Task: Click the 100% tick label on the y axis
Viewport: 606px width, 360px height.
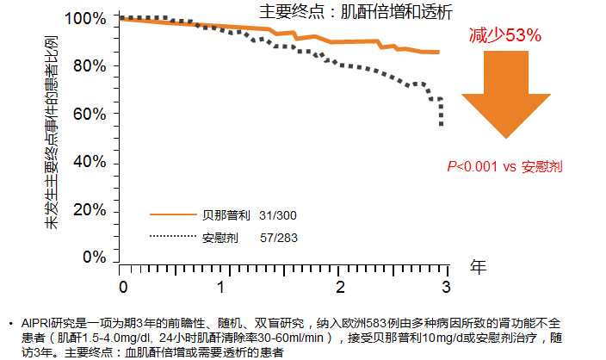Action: (x=86, y=18)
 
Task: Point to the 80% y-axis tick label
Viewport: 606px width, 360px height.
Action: (x=90, y=66)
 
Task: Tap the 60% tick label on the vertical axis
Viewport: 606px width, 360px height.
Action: (x=90, y=114)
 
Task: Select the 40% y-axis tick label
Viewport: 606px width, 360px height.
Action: (x=90, y=162)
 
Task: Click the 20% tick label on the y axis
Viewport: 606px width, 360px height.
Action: (x=90, y=209)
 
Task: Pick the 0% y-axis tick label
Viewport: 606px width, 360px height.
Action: (x=94, y=257)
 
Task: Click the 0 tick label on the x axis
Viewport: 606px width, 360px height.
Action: (x=123, y=286)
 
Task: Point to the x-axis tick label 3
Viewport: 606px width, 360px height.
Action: (x=446, y=286)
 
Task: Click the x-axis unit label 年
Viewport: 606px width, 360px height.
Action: (x=479, y=267)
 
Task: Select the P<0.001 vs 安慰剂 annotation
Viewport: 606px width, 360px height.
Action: (x=504, y=166)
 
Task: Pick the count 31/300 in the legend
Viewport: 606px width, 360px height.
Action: (x=279, y=214)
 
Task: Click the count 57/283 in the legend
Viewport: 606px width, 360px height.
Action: (x=279, y=236)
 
